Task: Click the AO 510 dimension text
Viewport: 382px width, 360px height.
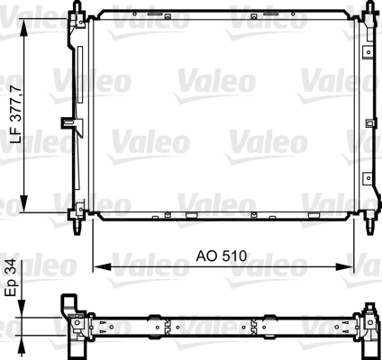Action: click(222, 256)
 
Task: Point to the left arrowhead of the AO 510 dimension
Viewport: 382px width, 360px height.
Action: click(102, 266)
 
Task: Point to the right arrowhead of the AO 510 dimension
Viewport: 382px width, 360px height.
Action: click(345, 266)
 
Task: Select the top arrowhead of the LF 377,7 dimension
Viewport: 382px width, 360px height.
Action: click(24, 27)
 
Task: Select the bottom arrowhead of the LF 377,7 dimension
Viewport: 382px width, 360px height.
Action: click(24, 204)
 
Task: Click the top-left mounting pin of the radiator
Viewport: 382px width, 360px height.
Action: click(77, 6)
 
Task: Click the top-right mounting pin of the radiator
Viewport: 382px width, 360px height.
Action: click(371, 6)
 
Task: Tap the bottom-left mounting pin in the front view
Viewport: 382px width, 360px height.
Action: click(77, 227)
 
